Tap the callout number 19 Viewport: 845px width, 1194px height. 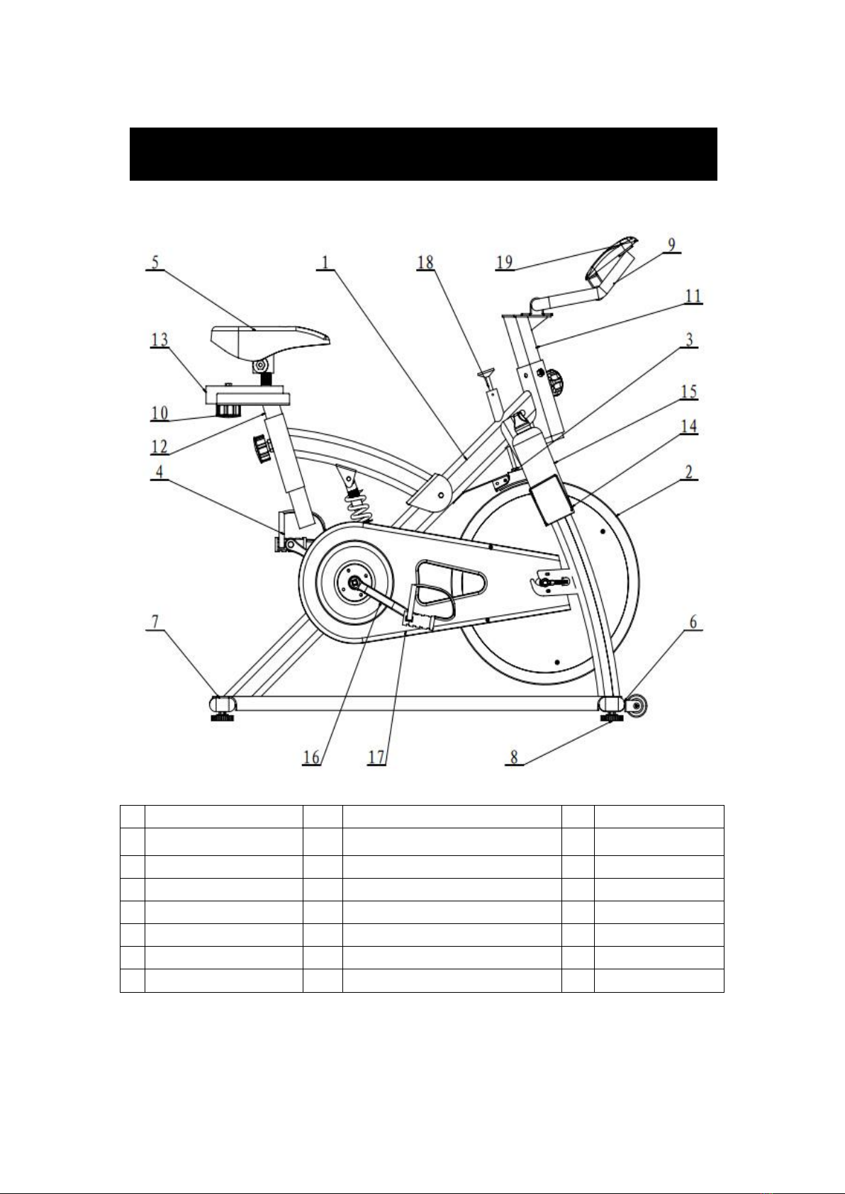504,262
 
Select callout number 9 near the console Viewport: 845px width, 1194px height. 672,244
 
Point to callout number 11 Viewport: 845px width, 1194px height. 693,295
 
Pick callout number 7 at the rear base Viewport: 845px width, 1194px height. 155,621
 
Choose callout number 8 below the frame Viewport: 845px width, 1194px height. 514,757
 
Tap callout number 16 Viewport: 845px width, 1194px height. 311,757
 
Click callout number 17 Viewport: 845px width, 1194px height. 376,757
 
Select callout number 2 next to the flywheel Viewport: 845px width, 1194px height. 689,472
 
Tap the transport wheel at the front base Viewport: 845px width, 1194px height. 637,706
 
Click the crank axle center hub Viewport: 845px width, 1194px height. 354,583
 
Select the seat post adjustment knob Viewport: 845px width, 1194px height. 262,449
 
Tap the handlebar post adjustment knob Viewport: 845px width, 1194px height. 556,381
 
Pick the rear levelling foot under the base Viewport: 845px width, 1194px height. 222,718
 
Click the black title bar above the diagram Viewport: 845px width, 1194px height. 423,154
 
